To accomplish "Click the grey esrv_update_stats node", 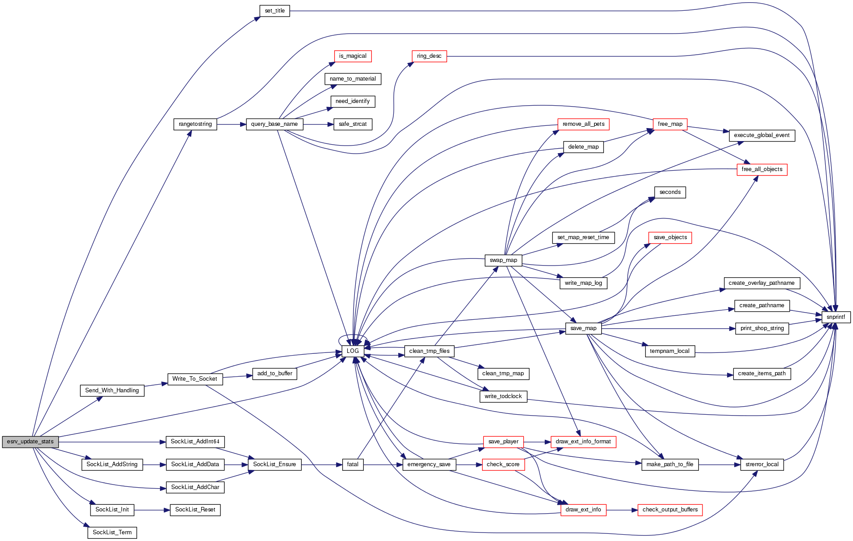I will coord(30,442).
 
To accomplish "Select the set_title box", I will coord(275,11).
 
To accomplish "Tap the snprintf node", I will coord(836,317).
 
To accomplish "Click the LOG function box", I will coord(353,351).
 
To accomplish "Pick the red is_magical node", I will coord(353,56).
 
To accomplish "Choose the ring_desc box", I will coord(429,56).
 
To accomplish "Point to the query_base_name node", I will coord(274,124).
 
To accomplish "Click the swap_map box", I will coord(503,260).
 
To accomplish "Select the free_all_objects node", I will coord(762,169).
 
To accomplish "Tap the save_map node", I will coord(583,328).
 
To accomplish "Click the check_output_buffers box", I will coord(670,510).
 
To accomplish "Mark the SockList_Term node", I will coord(112,532).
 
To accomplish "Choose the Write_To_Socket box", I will coord(194,379).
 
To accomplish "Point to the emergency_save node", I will coord(429,464).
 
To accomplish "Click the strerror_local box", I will coord(762,464).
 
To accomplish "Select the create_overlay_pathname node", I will coord(761,283).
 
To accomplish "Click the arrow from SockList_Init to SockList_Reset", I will coord(152,510).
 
